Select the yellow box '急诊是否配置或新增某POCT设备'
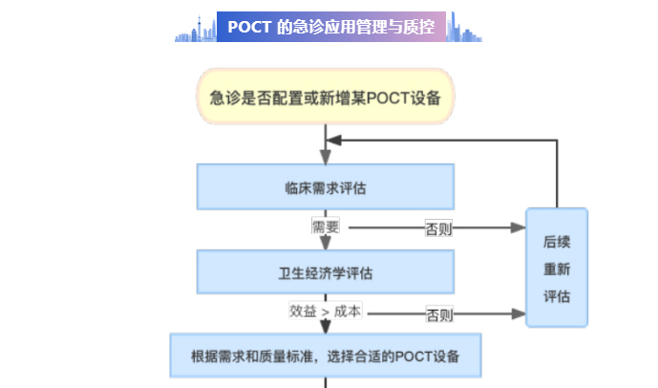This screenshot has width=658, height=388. [326, 96]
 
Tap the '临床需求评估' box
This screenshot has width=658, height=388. [326, 186]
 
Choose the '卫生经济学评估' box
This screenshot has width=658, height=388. [326, 272]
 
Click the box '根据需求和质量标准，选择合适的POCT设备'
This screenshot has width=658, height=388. [326, 356]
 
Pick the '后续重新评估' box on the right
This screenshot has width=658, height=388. [557, 268]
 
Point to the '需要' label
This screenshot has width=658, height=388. [326, 227]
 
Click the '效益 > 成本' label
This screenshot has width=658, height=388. [326, 312]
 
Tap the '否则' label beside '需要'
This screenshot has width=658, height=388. [438, 228]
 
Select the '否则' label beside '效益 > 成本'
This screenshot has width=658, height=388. [439, 313]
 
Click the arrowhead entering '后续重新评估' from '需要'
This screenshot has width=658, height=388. [519, 228]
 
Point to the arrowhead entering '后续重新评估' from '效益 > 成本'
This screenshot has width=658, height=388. [519, 313]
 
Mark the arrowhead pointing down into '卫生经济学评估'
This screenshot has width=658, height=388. [326, 244]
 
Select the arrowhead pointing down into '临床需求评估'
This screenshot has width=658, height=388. [326, 158]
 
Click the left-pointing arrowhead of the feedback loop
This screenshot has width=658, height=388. [332, 140]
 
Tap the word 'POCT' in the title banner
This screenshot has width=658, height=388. [249, 27]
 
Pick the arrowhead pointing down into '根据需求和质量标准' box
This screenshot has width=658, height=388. [326, 327]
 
